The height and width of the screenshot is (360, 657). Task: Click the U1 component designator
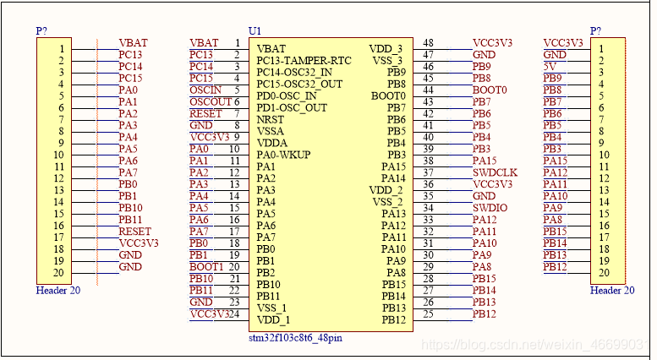[255, 30]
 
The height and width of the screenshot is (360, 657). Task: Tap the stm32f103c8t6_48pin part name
[295, 338]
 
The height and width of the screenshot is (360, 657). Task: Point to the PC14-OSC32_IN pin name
[295, 72]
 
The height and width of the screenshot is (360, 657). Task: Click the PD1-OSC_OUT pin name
[291, 107]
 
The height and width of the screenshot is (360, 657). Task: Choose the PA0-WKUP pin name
[284, 155]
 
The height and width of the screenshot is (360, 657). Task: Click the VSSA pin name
[271, 131]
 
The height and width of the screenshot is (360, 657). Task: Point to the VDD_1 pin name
[273, 319]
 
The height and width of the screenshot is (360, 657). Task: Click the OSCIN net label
[205, 90]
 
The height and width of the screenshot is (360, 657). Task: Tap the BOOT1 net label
[206, 267]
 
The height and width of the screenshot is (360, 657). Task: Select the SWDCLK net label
[495, 172]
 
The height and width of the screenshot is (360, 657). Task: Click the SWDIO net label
[490, 208]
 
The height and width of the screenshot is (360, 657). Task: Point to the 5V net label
[550, 66]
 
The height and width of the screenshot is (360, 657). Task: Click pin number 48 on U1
[428, 43]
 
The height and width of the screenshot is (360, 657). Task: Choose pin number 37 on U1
[428, 172]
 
